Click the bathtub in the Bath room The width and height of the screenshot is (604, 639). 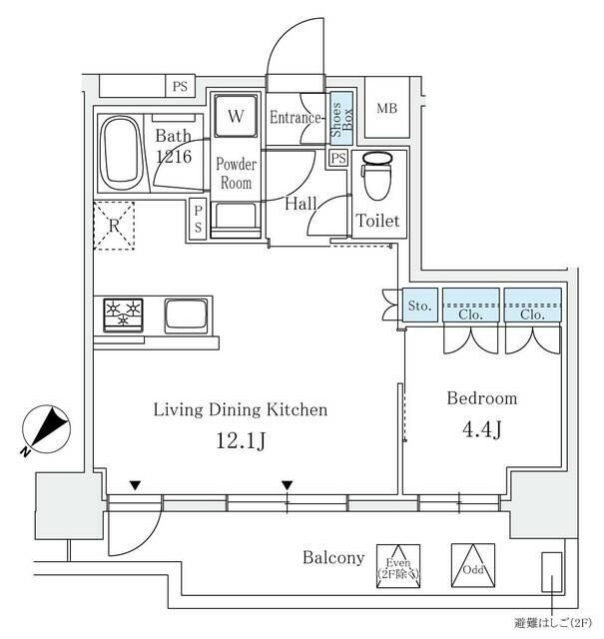(122, 153)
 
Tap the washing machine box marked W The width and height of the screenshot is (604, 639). (236, 117)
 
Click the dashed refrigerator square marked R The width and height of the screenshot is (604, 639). (113, 225)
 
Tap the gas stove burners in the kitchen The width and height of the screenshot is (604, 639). (125, 314)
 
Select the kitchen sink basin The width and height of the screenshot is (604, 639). (186, 316)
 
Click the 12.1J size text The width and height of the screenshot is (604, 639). (240, 440)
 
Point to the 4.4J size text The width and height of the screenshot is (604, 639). (481, 431)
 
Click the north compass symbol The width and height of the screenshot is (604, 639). (44, 428)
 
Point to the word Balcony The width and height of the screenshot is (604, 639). (333, 558)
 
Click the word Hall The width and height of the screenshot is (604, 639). (301, 204)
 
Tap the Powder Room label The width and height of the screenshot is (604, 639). (238, 174)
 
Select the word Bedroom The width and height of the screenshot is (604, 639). (481, 398)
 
